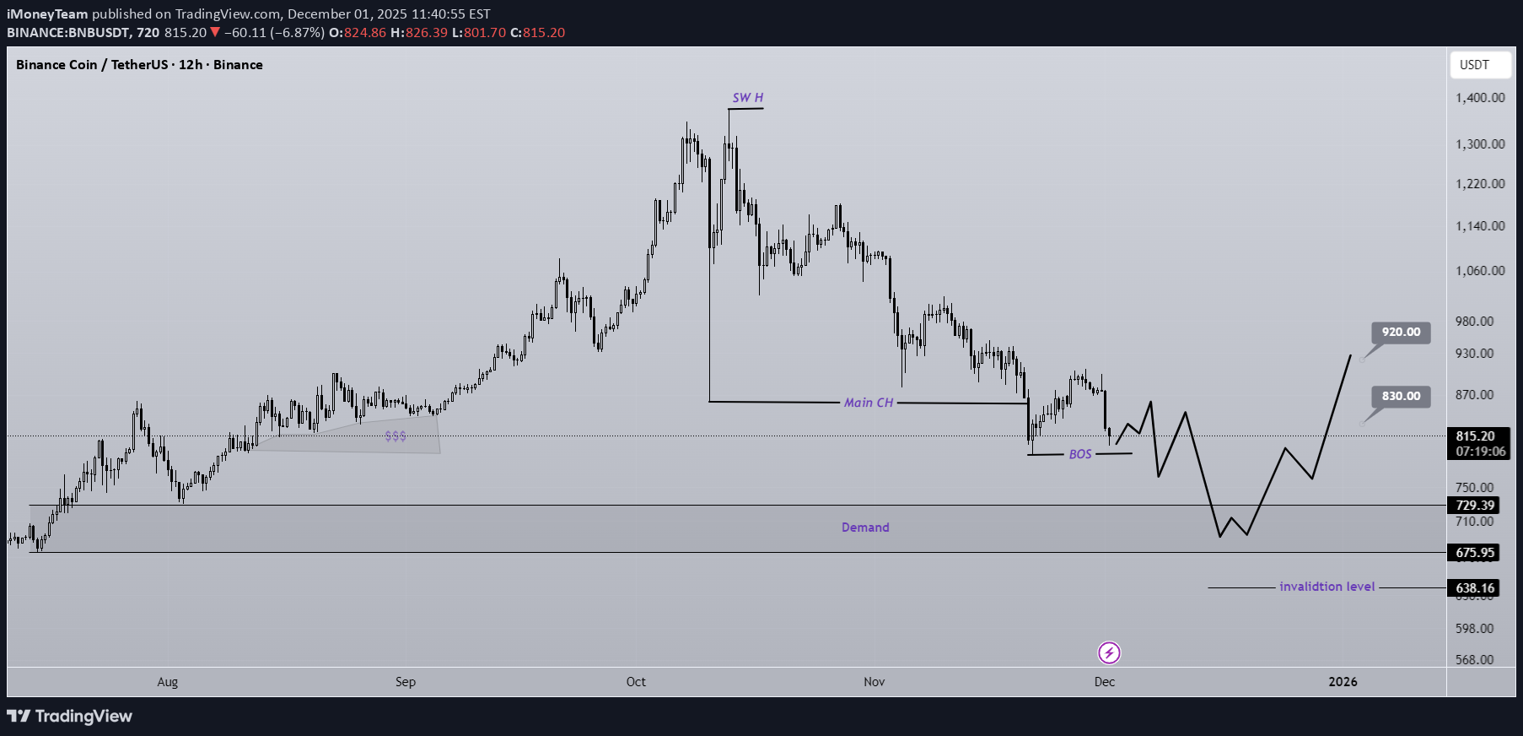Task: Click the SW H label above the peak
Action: pos(747,98)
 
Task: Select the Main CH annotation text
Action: pos(869,403)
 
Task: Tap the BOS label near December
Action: pos(1080,454)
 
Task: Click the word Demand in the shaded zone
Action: pos(865,528)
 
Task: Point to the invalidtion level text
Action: pos(1327,587)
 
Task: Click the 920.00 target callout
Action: pos(1401,332)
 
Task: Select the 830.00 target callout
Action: pos(1401,396)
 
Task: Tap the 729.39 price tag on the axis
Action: pos(1475,506)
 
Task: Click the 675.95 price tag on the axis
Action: pos(1475,553)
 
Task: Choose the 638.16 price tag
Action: pos(1475,588)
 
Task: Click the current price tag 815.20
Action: pos(1475,436)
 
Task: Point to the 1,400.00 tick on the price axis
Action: pos(1480,98)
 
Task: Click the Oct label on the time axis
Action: pos(636,682)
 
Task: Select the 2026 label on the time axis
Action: pos(1343,682)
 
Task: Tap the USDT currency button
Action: pos(1475,65)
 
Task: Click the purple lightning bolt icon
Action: pos(1109,652)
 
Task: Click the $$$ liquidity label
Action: pos(396,436)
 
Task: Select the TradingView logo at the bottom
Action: pos(70,717)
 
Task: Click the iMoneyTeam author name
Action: pos(47,14)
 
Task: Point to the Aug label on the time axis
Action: pos(167,682)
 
